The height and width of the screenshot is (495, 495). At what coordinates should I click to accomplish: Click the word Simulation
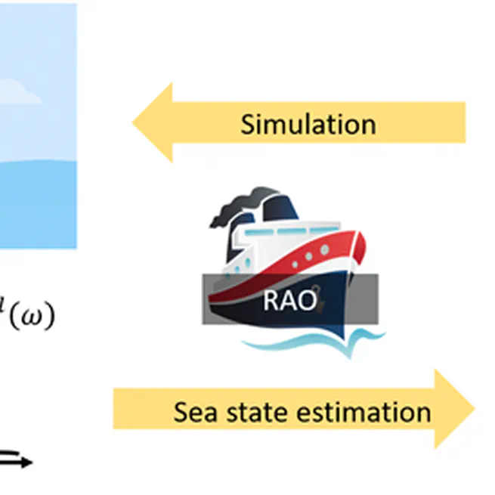tap(308, 123)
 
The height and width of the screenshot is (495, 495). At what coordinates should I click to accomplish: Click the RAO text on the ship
tap(289, 300)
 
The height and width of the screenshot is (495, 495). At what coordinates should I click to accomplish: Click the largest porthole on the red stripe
tap(325, 249)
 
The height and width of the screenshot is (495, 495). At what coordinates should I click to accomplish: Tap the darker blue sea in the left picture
tap(38, 204)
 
